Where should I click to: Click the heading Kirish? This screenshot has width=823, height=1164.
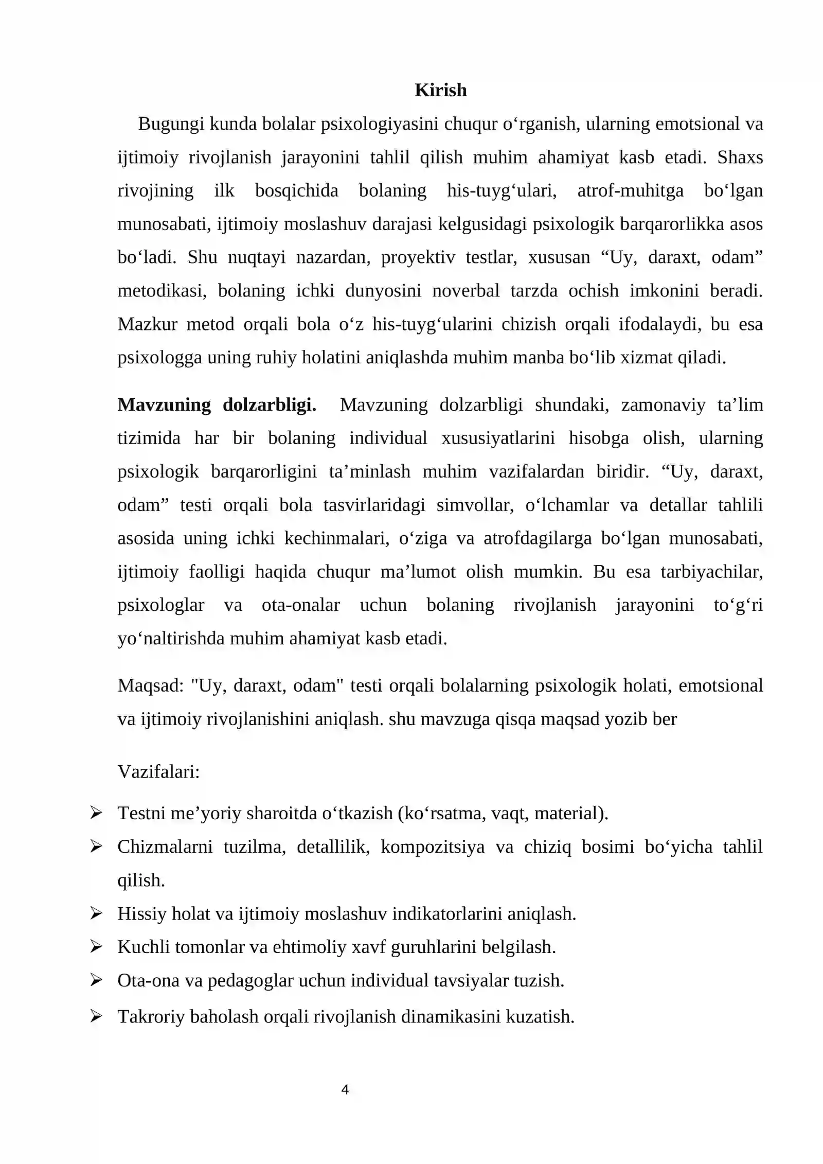[x=440, y=90]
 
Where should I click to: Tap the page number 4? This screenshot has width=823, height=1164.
[x=345, y=1089]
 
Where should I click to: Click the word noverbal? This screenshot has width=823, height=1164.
[x=466, y=291]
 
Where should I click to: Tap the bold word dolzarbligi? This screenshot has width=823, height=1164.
[x=269, y=405]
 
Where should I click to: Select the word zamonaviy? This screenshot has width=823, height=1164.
[x=663, y=405]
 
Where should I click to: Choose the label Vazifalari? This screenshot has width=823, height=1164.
[x=158, y=771]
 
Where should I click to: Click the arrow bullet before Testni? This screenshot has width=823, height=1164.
[x=96, y=813]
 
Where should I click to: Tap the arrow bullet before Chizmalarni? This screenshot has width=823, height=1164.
[x=96, y=846]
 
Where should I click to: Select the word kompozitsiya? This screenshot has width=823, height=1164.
[x=432, y=847]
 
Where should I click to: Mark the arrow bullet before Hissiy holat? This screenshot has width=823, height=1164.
[x=96, y=913]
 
